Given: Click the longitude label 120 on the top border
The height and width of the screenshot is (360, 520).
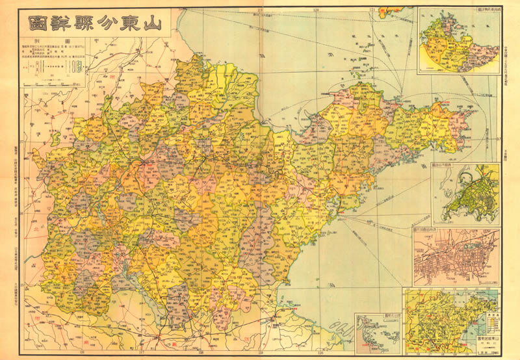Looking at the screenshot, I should [317, 9].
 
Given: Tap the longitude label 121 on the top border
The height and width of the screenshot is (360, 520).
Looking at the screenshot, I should [373, 9].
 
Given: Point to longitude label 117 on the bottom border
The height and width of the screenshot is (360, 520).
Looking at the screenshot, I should [141, 354].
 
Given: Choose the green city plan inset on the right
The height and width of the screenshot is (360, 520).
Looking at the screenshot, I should [466, 194].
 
